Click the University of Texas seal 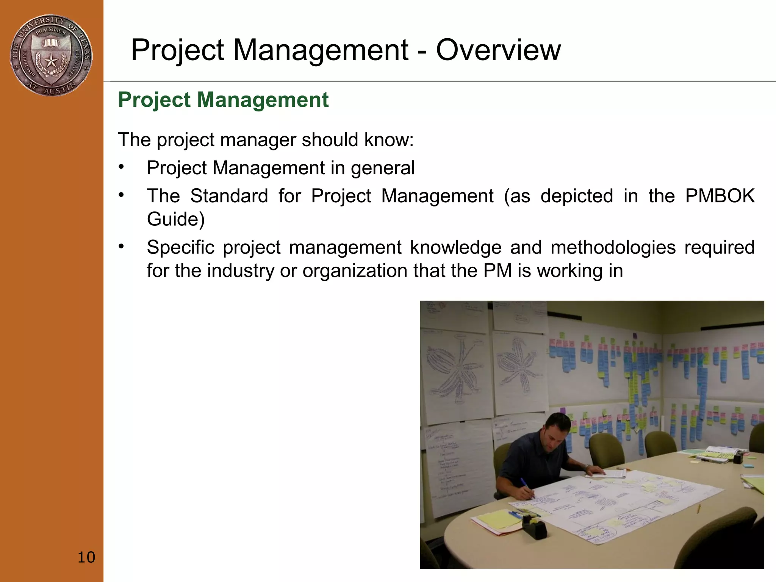(51, 55)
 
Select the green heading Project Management (223, 100)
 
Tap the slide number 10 (86, 557)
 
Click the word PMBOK (720, 196)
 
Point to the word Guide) (175, 219)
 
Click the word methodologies (613, 248)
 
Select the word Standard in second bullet (229, 196)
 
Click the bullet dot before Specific (121, 247)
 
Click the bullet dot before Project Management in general (121, 167)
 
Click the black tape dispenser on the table (534, 527)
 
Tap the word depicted (576, 196)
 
